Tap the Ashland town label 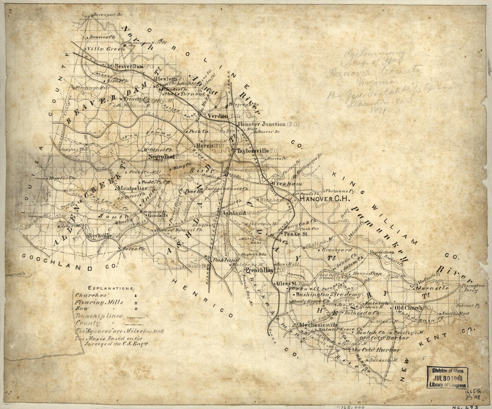coord(234,213)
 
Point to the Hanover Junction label coord(261,124)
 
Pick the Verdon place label coord(217,116)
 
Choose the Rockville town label coord(100,235)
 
